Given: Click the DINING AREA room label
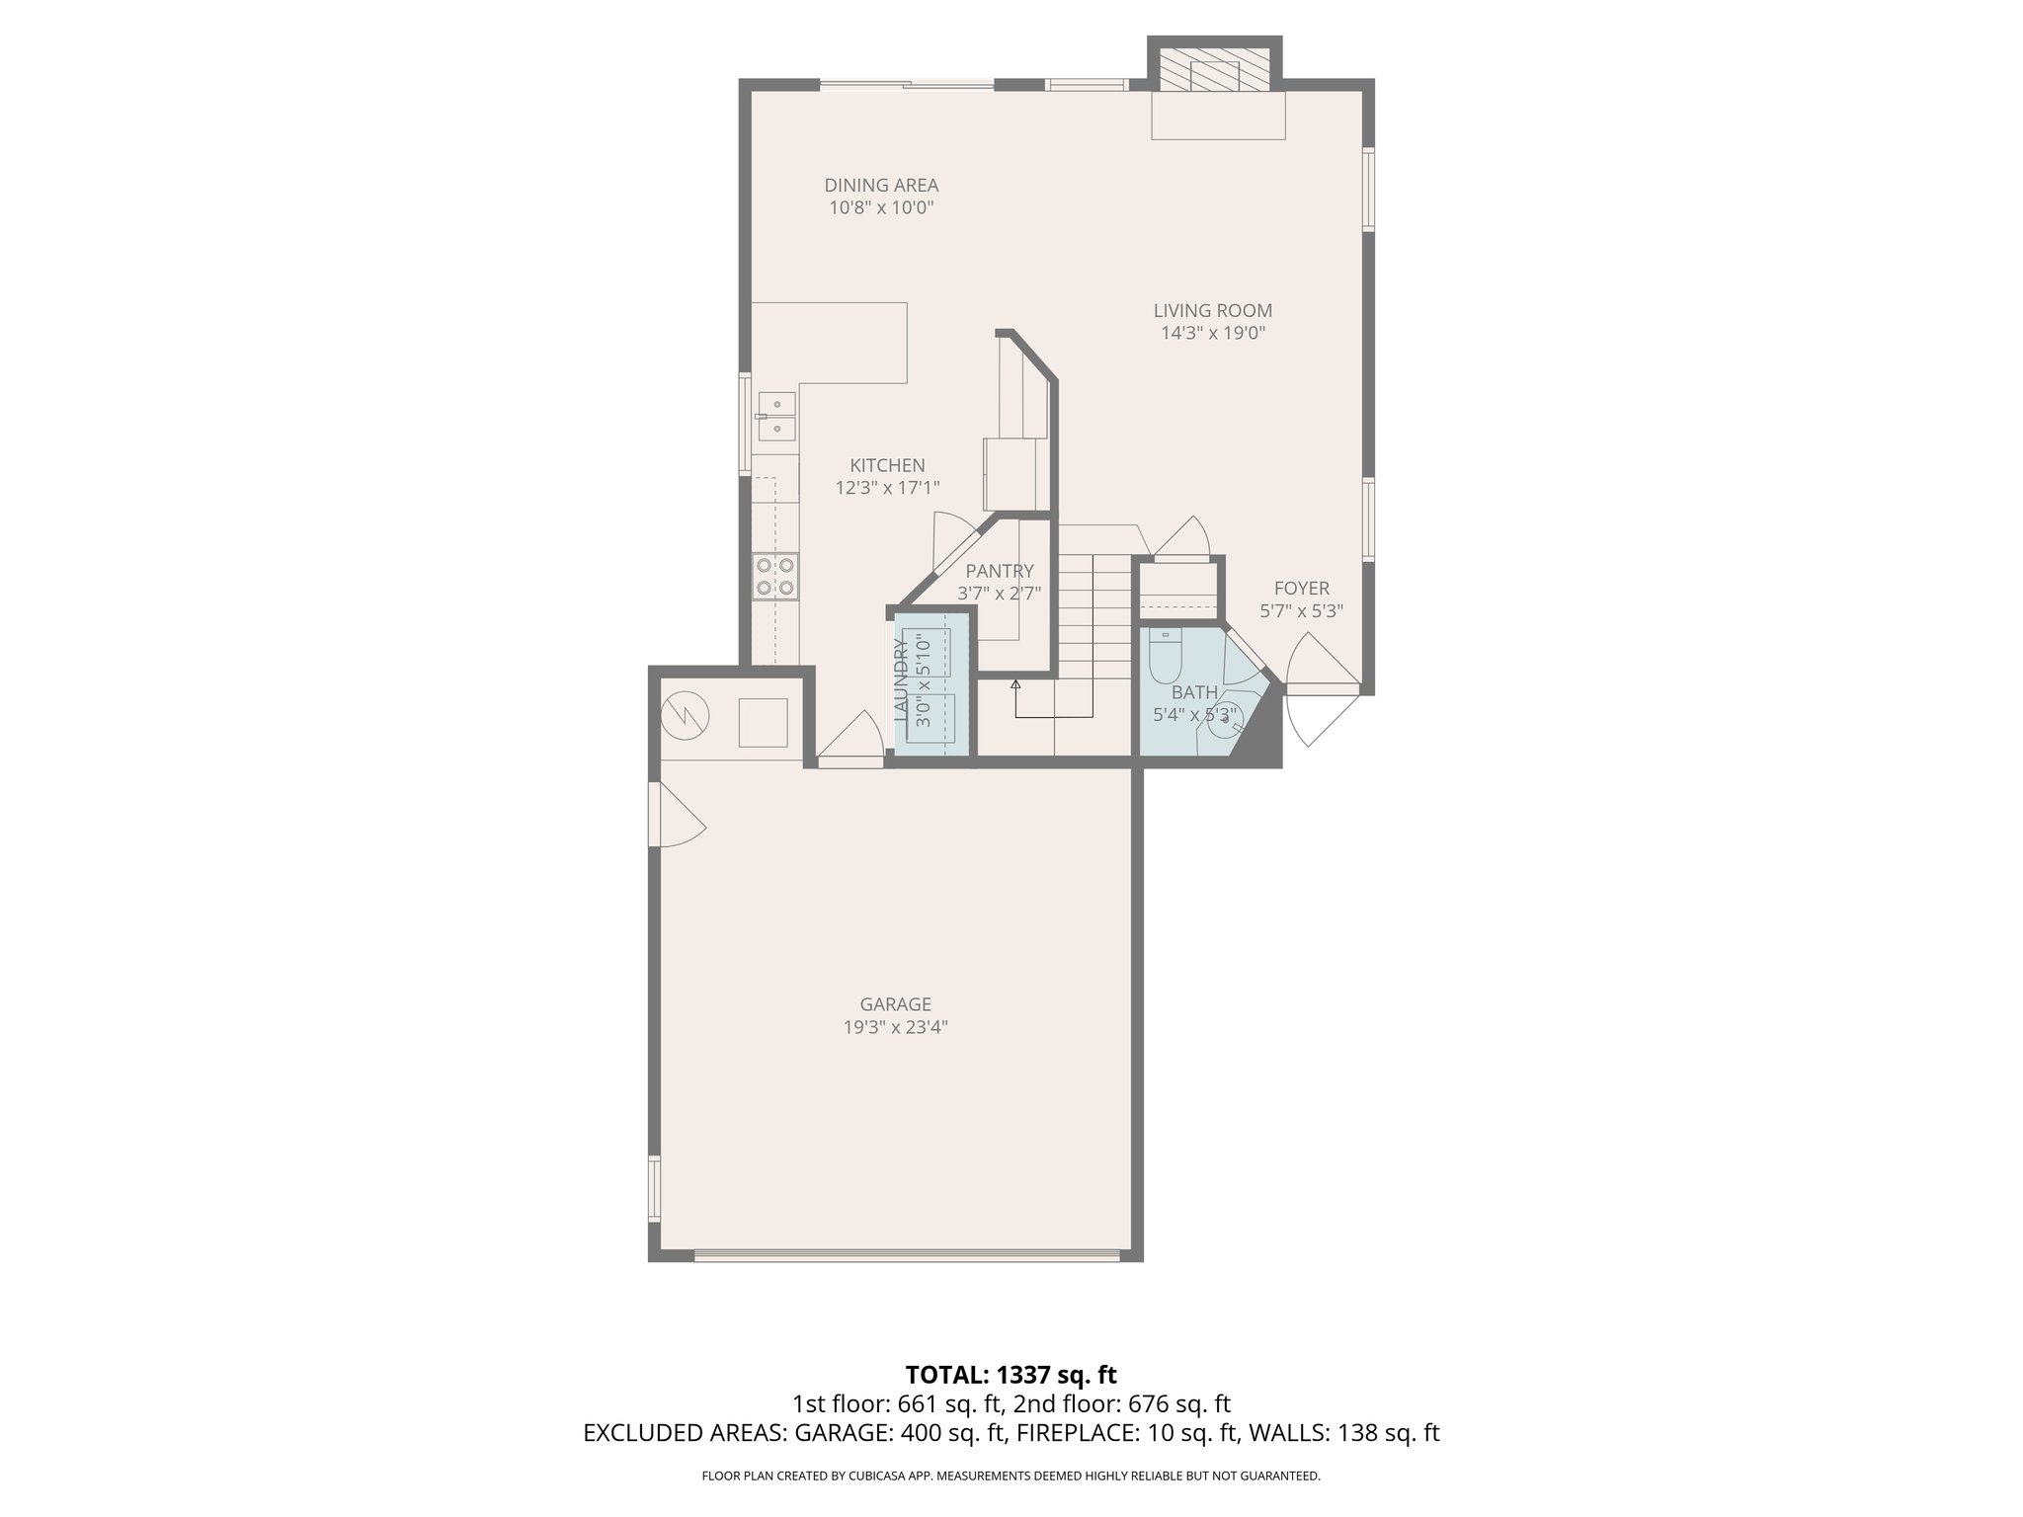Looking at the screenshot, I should [881, 185].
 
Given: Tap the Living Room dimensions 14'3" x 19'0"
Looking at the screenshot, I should [1213, 334].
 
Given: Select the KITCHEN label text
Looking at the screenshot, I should [887, 465].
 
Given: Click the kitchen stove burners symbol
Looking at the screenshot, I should [775, 577].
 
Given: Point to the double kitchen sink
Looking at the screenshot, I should [776, 416].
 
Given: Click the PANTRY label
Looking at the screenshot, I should [1000, 571].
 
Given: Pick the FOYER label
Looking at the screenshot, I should [1301, 589].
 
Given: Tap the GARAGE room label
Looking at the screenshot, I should [895, 1004].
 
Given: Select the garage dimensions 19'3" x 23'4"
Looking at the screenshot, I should [895, 1027].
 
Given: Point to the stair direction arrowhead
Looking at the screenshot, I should [1015, 682].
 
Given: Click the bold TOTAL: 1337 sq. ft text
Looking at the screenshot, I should [1011, 1375].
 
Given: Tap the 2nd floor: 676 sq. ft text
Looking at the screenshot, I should [1122, 1403].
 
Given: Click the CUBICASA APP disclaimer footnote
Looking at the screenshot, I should [1011, 1476].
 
